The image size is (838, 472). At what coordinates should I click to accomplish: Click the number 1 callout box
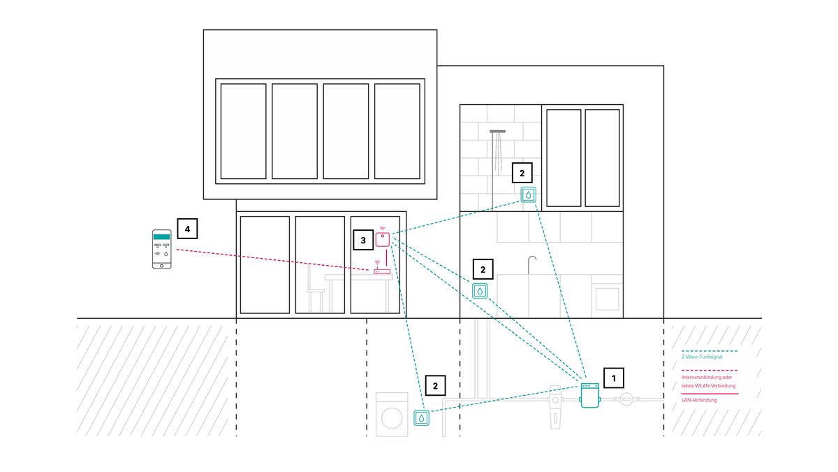coord(614,378)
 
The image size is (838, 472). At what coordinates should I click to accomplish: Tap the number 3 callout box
coord(363,240)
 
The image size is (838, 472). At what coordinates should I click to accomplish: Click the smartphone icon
coord(162,249)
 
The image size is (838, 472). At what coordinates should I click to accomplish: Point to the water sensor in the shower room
coord(529,194)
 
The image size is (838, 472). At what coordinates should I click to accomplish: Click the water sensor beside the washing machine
coord(421,417)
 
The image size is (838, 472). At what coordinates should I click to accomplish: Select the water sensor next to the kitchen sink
coord(480,290)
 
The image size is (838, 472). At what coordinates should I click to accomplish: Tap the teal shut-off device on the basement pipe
coord(591,395)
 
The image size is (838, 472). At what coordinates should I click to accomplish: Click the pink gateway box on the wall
coord(383,240)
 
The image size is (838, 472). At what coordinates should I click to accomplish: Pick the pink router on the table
coord(382,271)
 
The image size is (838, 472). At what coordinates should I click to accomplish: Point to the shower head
coord(498,131)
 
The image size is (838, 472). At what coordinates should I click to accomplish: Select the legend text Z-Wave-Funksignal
coord(702,357)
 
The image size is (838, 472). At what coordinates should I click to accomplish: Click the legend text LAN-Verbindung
coord(699,400)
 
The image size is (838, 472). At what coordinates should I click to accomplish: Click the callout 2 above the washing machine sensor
coord(435,385)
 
